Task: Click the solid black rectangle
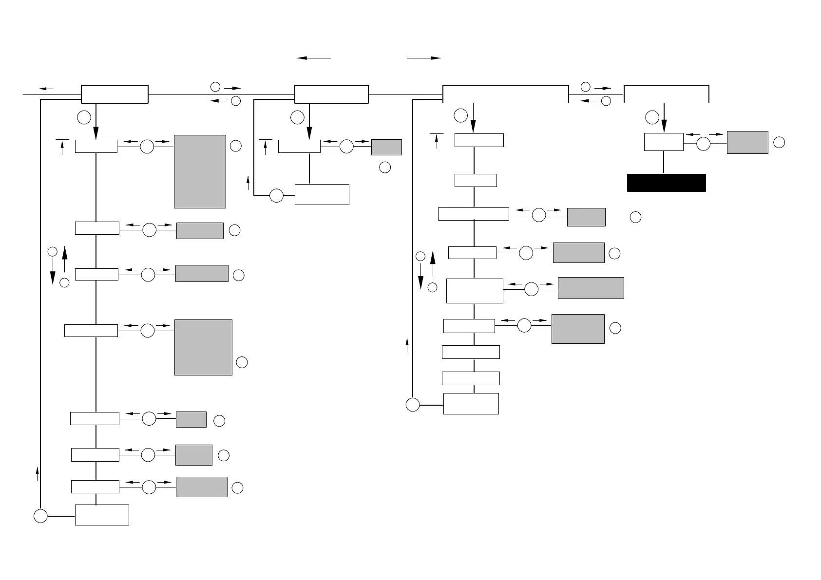[x=666, y=183]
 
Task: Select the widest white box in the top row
[x=505, y=94]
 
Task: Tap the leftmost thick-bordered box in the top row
[x=115, y=94]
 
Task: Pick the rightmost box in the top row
[x=666, y=94]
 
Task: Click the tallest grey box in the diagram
[x=200, y=171]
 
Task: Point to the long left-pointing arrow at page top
[x=314, y=58]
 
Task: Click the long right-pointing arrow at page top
[x=423, y=58]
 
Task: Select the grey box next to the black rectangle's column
[x=747, y=142]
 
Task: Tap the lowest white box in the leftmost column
[x=102, y=515]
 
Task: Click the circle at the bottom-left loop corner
[x=40, y=516]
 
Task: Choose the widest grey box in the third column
[x=591, y=288]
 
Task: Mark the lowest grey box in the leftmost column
[x=202, y=487]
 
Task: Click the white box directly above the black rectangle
[x=664, y=142]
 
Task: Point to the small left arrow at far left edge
[x=46, y=89]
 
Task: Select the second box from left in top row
[x=331, y=94]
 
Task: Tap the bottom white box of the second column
[x=322, y=194]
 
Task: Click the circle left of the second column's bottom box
[x=276, y=195]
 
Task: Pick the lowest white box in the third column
[x=471, y=403]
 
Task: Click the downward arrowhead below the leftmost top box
[x=96, y=133]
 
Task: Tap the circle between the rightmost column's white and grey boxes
[x=704, y=144]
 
